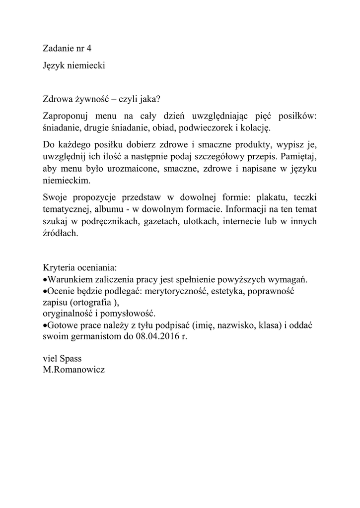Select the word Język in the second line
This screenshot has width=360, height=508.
[54, 65]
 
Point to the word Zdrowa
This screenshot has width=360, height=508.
[57, 98]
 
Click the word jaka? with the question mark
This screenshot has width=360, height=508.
[150, 98]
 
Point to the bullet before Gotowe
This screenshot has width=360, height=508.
[45, 325]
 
